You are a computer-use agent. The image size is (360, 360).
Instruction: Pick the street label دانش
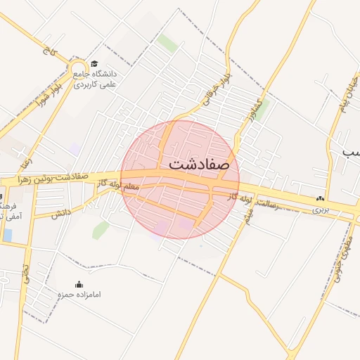tap(61, 212)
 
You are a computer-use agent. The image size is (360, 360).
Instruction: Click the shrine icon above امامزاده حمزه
tap(78, 284)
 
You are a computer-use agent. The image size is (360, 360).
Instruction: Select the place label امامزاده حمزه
tap(79, 295)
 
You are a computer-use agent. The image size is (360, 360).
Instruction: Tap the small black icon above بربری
tap(321, 199)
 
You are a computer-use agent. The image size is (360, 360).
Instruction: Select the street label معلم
tap(131, 188)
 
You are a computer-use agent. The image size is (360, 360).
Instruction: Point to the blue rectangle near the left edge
tap(7, 235)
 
